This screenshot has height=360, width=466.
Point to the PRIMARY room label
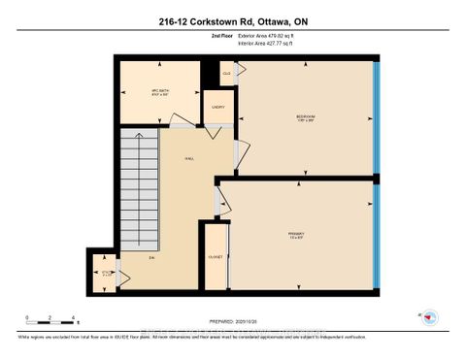click(296, 233)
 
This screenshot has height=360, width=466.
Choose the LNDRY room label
click(217, 108)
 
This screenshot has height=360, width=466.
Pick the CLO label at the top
click(226, 73)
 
